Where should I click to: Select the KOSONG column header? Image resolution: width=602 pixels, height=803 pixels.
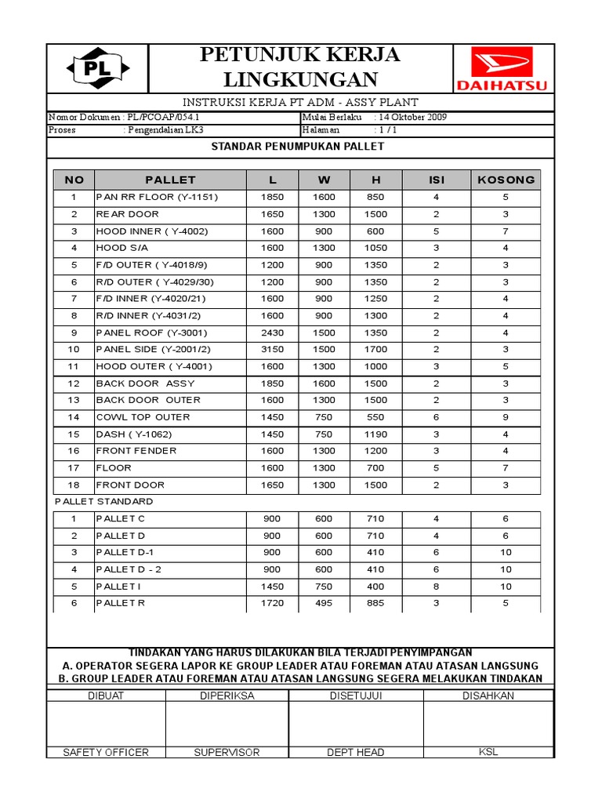pyautogui.click(x=506, y=180)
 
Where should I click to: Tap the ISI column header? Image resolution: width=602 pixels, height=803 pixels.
pyautogui.click(x=436, y=180)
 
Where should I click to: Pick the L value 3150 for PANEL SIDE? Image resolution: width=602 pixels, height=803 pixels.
pyautogui.click(x=272, y=349)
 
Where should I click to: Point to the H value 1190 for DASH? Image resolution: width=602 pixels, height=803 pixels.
pyautogui.click(x=375, y=434)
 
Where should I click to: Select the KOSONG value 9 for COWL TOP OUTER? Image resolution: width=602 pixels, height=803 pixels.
pyautogui.click(x=506, y=417)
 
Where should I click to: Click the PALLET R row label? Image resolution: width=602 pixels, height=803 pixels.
pyautogui.click(x=120, y=603)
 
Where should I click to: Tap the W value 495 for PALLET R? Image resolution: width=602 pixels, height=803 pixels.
pyautogui.click(x=324, y=603)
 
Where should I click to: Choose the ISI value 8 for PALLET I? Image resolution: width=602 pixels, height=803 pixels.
pyautogui.click(x=436, y=586)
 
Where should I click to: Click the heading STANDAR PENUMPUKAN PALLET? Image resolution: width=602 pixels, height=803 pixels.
pyautogui.click(x=301, y=147)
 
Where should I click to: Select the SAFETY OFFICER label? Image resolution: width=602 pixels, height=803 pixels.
pyautogui.click(x=106, y=752)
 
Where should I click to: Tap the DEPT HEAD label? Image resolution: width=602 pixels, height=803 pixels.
pyautogui.click(x=355, y=752)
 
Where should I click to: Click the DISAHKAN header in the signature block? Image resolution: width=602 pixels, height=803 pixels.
pyautogui.click(x=488, y=696)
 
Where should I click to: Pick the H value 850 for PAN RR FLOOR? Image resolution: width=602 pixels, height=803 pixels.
pyautogui.click(x=375, y=197)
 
